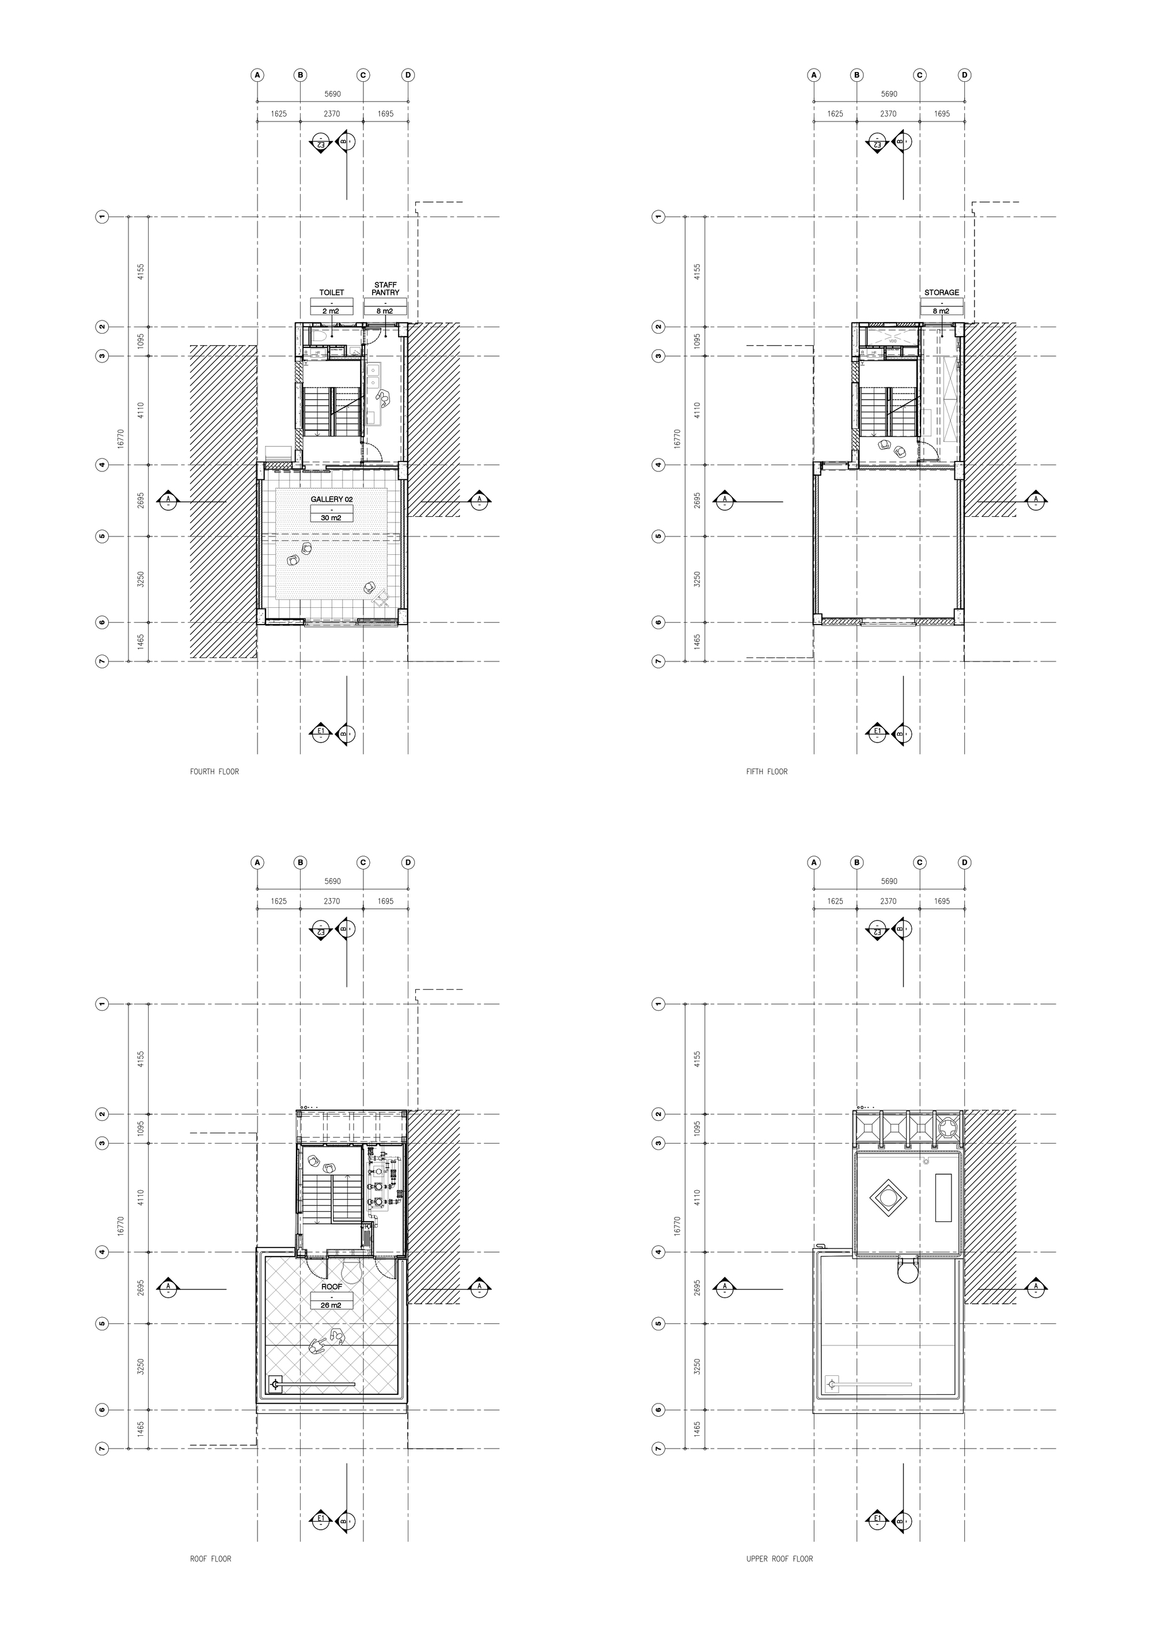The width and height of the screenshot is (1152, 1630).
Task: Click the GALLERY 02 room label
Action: tap(331, 499)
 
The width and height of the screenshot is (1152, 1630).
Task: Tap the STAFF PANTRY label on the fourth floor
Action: tap(385, 288)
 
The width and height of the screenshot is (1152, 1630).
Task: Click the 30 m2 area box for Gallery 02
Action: tap(331, 518)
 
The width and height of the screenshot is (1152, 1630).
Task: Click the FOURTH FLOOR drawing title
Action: tap(214, 771)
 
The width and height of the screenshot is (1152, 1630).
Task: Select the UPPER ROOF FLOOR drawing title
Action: tap(779, 1559)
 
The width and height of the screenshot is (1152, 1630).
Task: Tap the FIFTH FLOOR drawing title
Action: tap(767, 771)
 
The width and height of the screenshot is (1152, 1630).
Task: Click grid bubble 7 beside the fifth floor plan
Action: tap(658, 661)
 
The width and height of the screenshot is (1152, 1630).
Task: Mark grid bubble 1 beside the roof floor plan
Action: tap(102, 1004)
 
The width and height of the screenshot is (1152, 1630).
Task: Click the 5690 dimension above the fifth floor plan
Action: tap(889, 94)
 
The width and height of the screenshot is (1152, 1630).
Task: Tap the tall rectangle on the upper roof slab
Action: tap(943, 1197)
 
